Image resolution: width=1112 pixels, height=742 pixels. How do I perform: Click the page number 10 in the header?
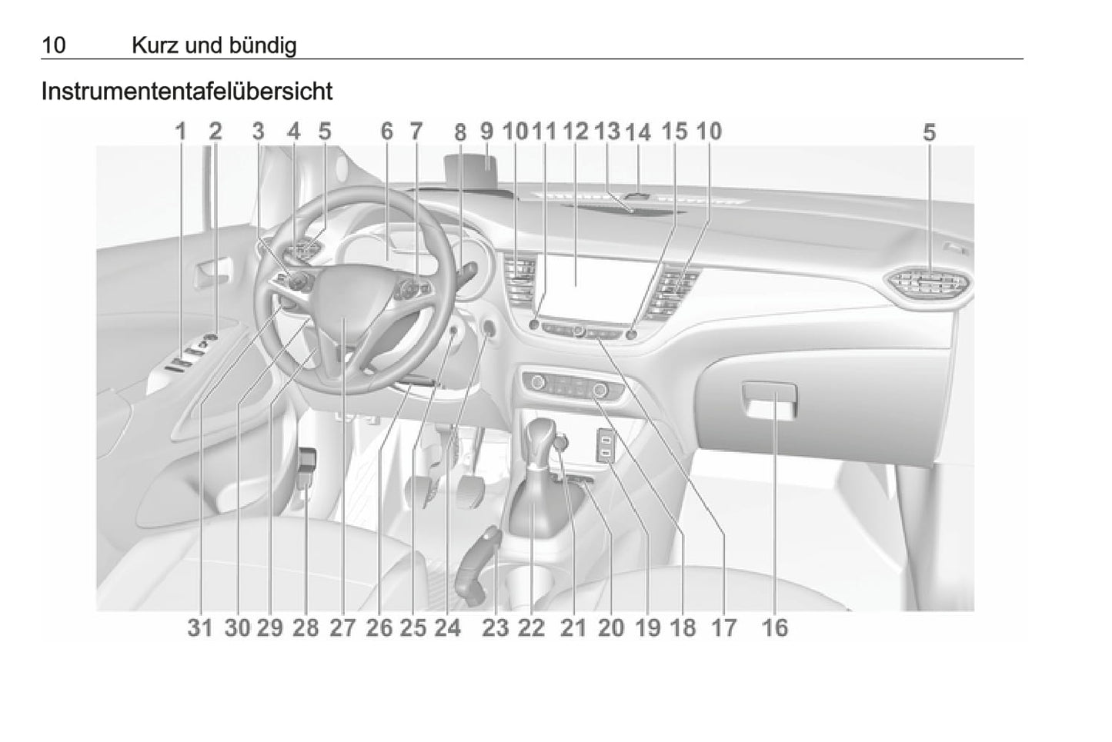tap(54, 45)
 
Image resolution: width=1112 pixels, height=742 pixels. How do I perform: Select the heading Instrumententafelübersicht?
tap(187, 92)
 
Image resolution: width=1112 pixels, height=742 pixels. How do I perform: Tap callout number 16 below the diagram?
tap(774, 628)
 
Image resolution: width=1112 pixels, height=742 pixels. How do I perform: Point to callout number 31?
tap(200, 628)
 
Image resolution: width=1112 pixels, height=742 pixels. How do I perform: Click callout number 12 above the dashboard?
tap(576, 131)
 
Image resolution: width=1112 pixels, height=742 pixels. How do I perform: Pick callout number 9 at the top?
tap(486, 131)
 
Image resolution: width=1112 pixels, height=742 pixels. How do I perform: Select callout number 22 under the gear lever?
tap(531, 628)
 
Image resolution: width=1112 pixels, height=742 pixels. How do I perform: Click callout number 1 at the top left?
tap(181, 131)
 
